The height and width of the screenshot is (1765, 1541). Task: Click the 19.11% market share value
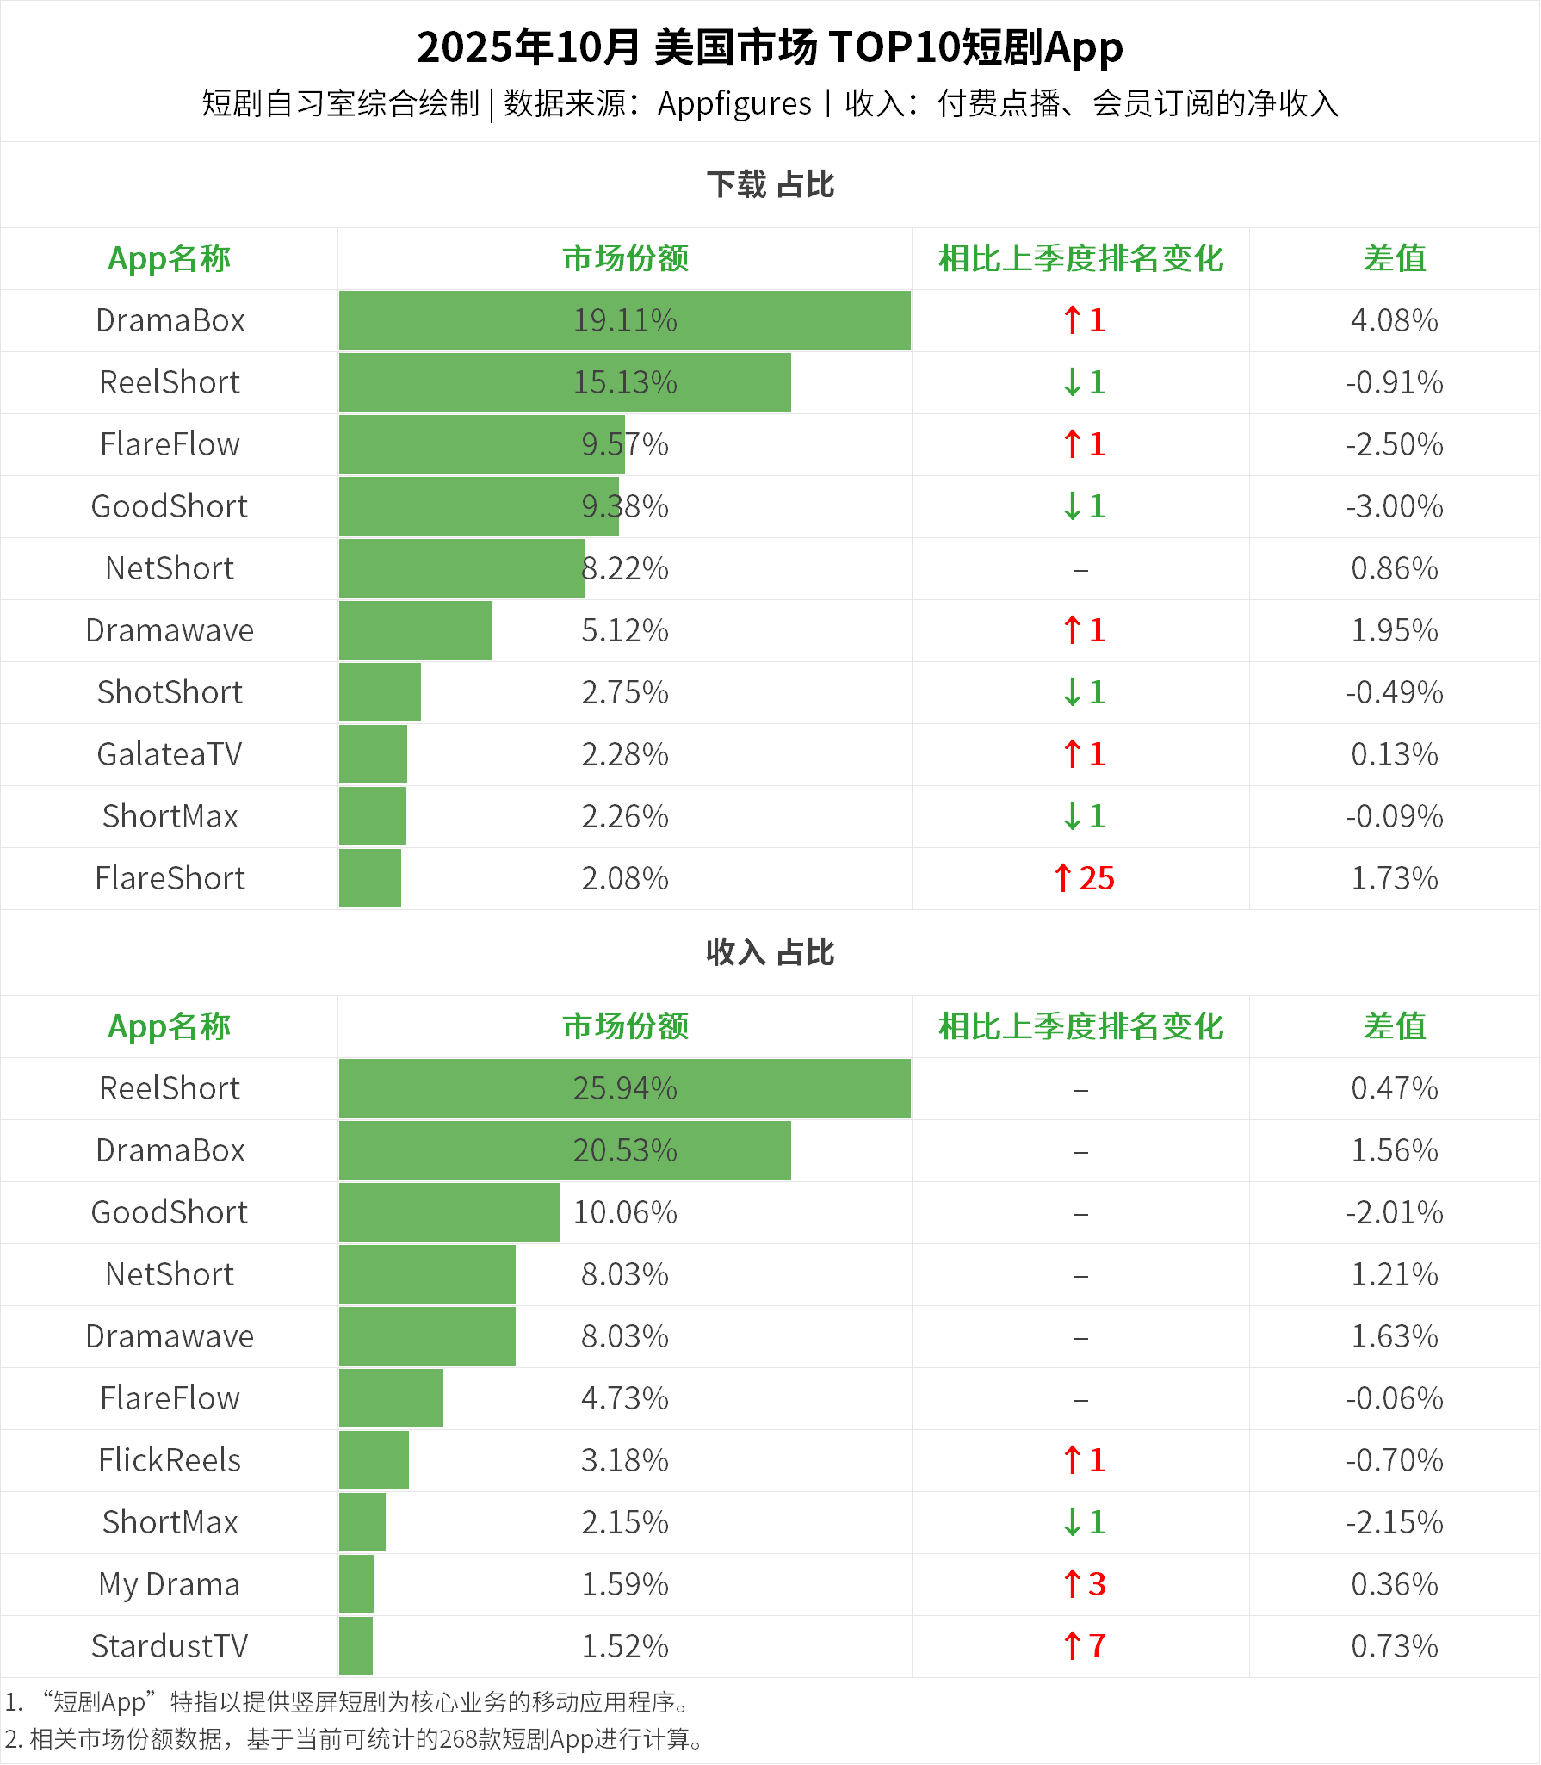point(625,320)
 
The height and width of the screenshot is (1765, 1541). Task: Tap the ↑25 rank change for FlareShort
point(1084,878)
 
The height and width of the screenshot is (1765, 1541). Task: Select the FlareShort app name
point(170,878)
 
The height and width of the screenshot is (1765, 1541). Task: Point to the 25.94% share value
point(625,1088)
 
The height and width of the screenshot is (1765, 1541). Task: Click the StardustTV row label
point(170,1646)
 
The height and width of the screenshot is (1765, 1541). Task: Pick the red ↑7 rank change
point(1084,1646)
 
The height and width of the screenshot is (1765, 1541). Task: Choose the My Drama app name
point(170,1584)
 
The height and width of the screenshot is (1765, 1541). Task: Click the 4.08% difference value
point(1394,320)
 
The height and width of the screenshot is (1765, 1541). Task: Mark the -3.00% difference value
point(1394,506)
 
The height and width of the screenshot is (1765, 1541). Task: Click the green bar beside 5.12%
point(415,630)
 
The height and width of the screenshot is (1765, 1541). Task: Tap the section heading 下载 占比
point(770,184)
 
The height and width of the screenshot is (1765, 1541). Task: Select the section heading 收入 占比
point(770,952)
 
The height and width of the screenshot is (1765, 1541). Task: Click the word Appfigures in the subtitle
point(734,104)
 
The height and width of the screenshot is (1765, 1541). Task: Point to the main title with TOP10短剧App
point(770,47)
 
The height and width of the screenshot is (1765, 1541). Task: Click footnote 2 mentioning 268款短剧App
point(353,1739)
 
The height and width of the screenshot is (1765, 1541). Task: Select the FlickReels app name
point(170,1460)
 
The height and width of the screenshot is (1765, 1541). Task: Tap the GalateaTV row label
point(170,754)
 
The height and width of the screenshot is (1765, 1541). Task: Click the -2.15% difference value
point(1394,1522)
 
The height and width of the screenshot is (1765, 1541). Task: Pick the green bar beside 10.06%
point(449,1212)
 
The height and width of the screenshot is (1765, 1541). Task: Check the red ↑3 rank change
point(1084,1584)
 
